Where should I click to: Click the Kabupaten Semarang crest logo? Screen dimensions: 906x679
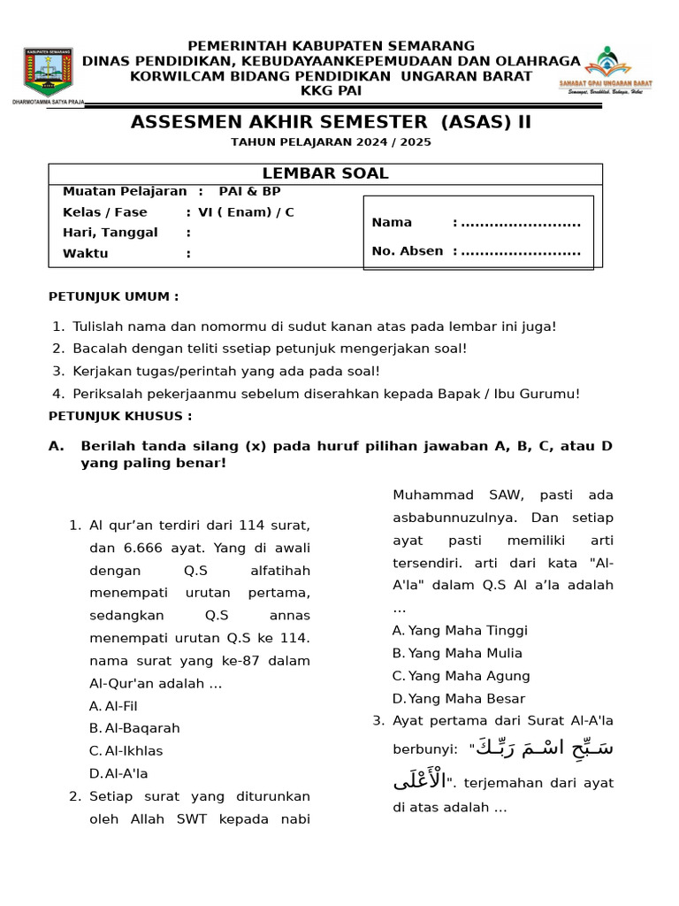tap(49, 73)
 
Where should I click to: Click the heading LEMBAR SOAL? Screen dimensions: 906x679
tap(325, 173)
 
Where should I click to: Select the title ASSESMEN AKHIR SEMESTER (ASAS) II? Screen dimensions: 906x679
tap(331, 122)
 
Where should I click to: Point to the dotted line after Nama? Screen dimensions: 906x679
tap(521, 223)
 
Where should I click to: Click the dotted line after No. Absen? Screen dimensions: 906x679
tap(521, 251)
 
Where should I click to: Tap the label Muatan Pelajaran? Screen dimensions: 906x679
tap(125, 191)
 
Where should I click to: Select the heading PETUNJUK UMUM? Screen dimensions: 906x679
tap(113, 296)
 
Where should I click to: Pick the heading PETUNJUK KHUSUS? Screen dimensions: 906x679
tap(120, 416)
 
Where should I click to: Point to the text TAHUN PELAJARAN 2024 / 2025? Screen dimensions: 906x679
tap(331, 142)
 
